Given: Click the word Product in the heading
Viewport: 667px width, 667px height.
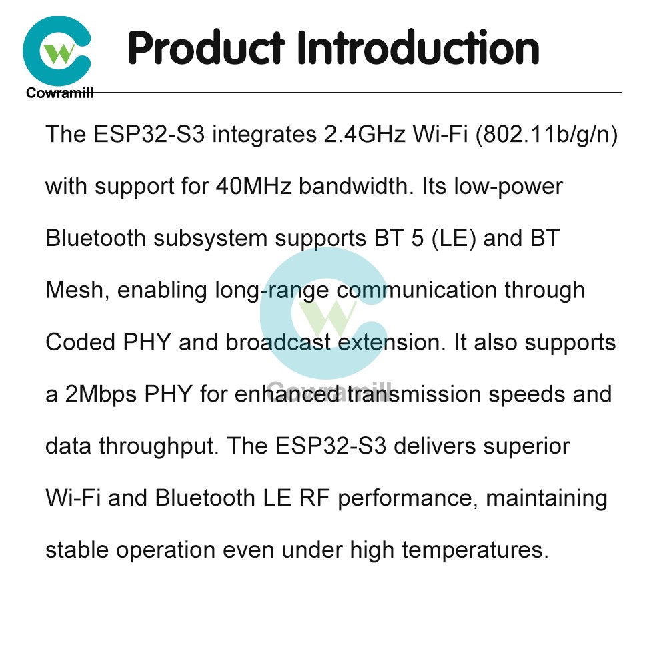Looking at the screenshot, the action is point(206,47).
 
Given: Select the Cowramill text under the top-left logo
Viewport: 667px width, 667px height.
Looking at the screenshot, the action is point(59,93).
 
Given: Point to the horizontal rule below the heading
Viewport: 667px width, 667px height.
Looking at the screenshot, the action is point(358,92).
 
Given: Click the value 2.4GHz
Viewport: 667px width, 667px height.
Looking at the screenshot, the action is point(365,135).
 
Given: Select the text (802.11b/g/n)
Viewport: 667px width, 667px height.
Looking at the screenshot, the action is point(546,135).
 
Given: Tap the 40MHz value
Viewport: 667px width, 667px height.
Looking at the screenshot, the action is point(253,186).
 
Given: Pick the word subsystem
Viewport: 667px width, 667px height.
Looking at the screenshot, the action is point(210,239).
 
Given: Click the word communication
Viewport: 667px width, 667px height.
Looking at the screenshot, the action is point(417,291).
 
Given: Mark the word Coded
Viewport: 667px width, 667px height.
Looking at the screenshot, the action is point(81,342).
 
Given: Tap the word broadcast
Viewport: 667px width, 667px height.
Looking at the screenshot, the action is point(278,342).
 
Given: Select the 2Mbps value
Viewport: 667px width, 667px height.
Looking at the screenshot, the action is point(101,394).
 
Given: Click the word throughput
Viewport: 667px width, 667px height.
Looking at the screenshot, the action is point(159,446).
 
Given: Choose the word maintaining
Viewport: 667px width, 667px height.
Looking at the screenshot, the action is point(546,498).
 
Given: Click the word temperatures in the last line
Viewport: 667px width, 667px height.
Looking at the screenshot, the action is point(475,550).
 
